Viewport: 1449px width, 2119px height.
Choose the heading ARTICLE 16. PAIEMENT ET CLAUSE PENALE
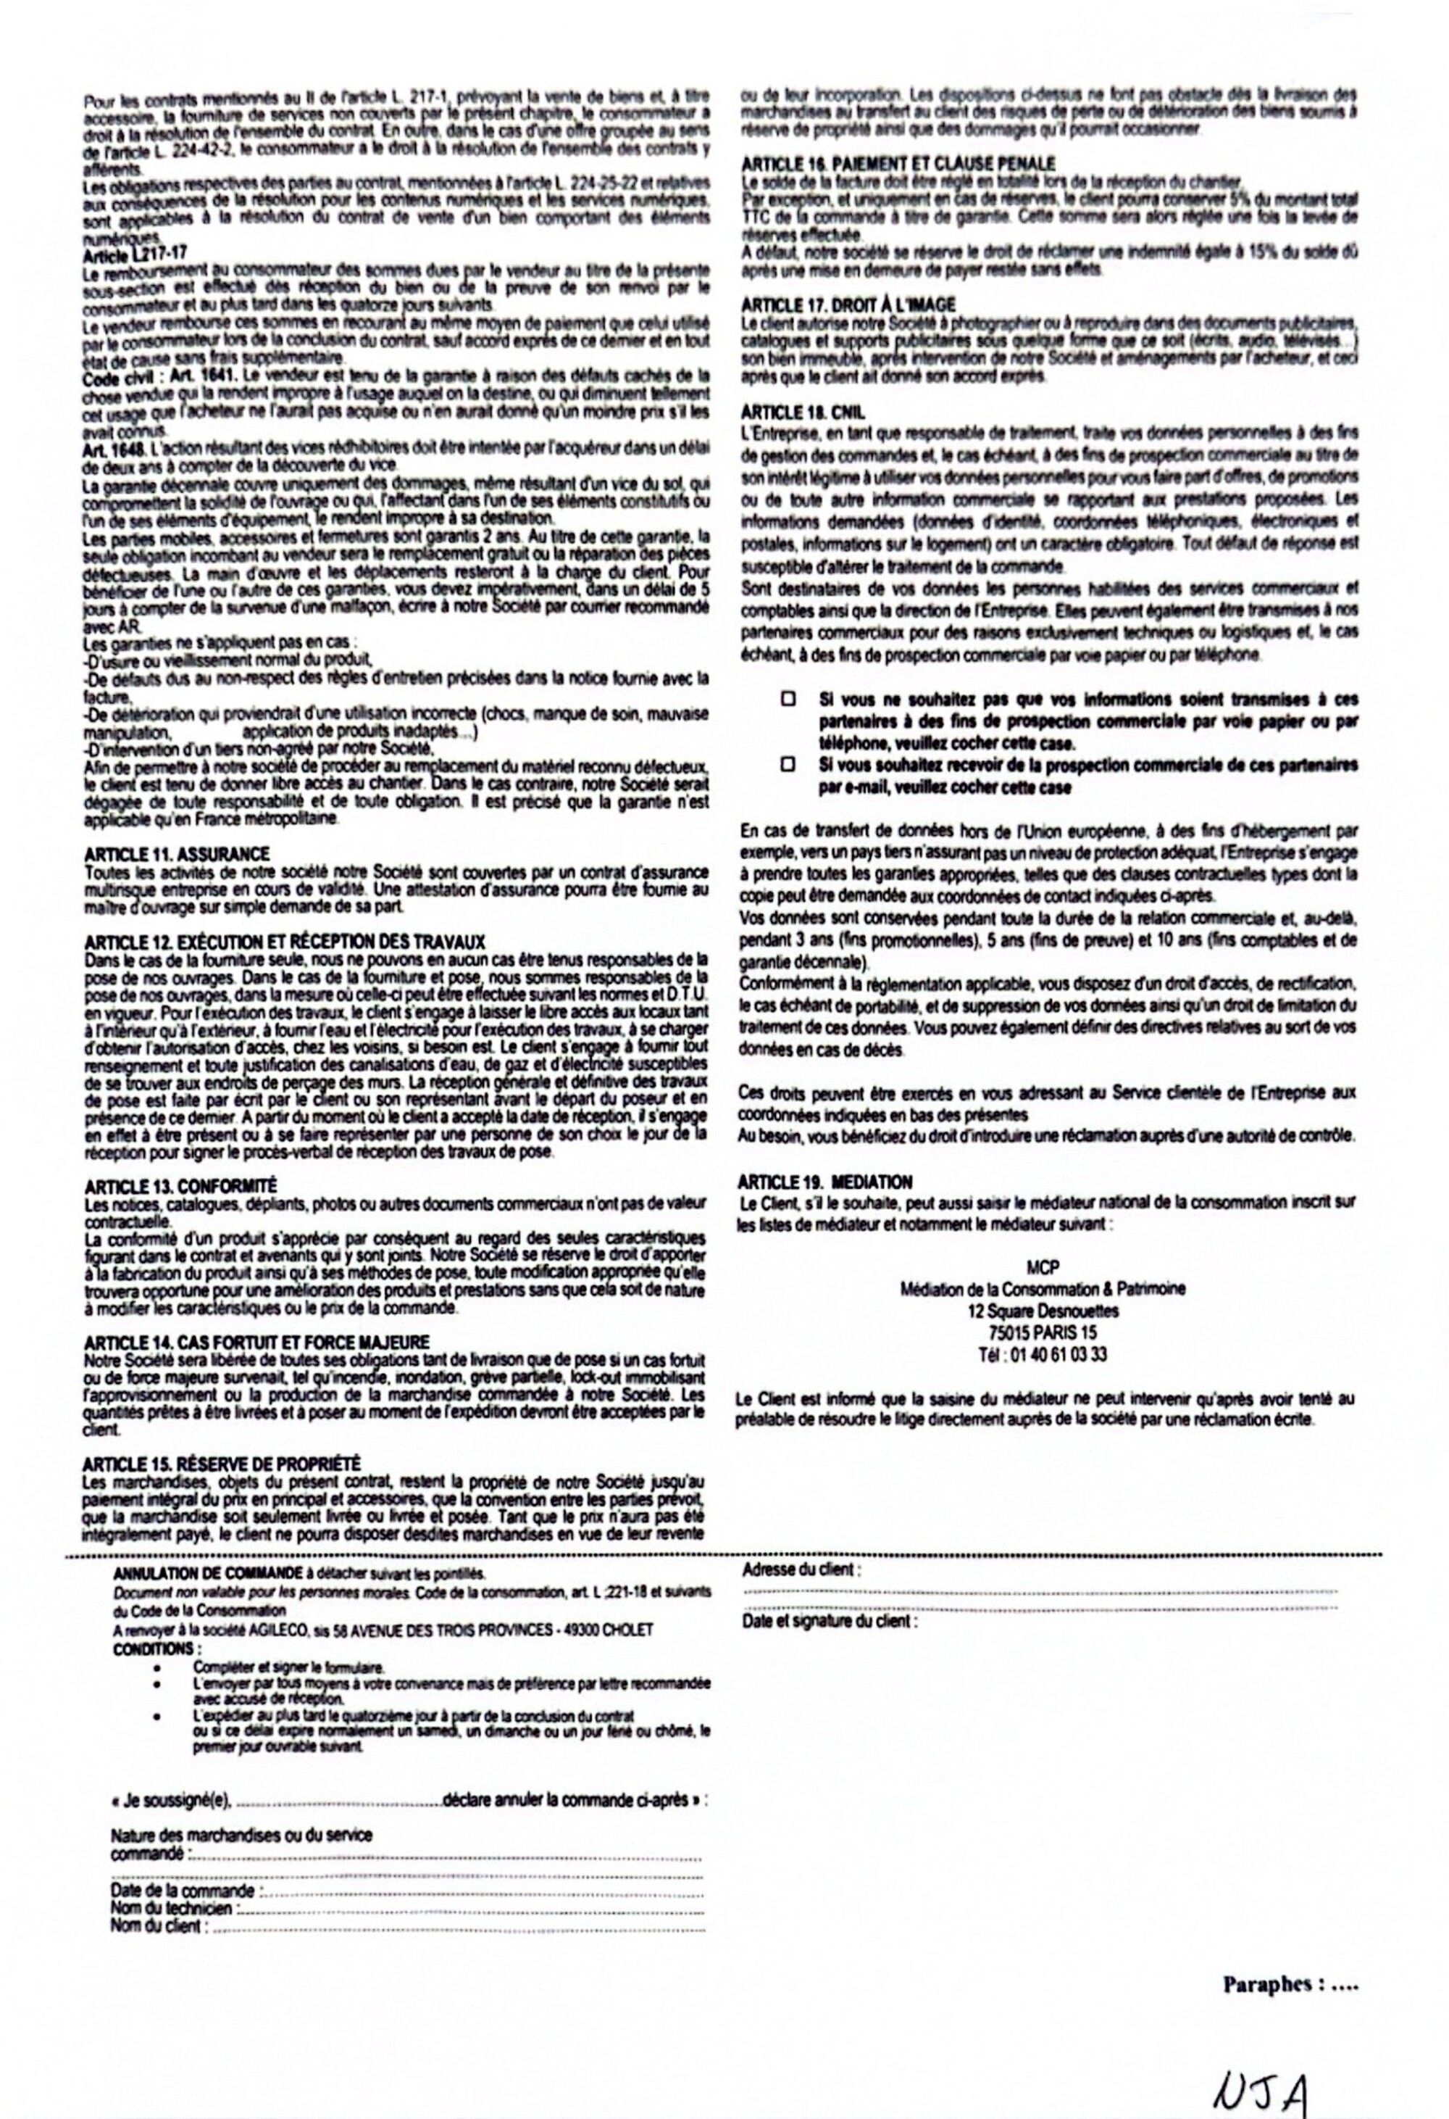pos(898,163)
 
